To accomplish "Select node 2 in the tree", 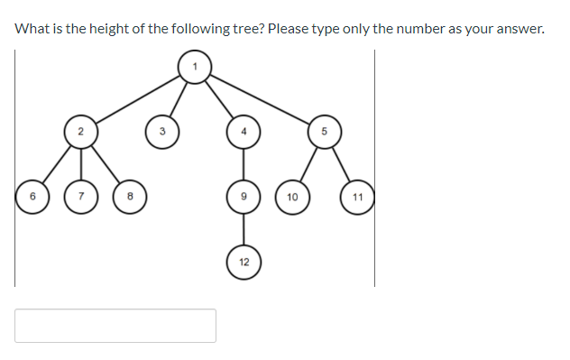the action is [x=80, y=132].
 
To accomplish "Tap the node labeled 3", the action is [x=162, y=132].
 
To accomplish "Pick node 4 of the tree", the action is [x=243, y=132].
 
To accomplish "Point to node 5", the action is [x=323, y=132].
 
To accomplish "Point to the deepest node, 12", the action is [x=243, y=262].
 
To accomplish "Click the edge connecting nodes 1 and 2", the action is [x=137, y=98].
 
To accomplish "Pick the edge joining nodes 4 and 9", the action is [x=243, y=164].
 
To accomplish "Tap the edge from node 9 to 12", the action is [x=243, y=229].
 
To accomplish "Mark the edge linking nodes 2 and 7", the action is [x=80, y=164].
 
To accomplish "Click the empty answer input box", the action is [x=115, y=326].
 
